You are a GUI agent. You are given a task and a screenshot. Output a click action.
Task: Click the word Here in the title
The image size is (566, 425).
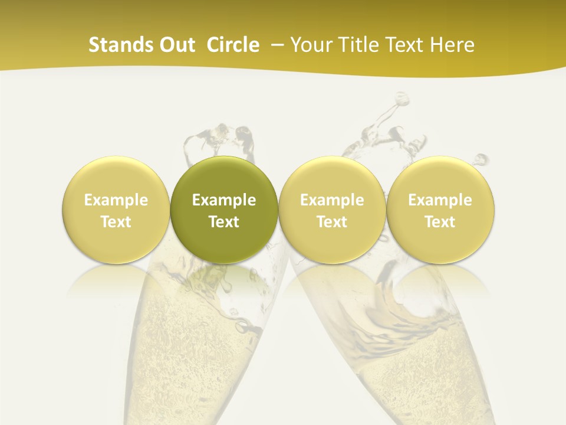tap(452, 45)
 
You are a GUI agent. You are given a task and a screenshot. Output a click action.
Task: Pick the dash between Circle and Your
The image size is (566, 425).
tap(276, 45)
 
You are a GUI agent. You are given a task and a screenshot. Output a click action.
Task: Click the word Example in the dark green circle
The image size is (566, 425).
tap(224, 200)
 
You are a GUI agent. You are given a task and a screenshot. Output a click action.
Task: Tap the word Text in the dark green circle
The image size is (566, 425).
tap(224, 222)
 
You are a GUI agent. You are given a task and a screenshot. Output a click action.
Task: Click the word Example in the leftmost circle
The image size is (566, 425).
tap(116, 200)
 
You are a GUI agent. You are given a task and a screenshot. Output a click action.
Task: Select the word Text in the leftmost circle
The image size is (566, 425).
tap(116, 222)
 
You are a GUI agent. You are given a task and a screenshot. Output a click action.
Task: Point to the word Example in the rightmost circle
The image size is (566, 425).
tap(440, 200)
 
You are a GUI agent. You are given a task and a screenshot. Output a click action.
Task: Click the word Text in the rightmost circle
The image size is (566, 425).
tap(440, 222)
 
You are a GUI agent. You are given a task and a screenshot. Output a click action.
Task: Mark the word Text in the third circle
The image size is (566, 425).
tap(332, 222)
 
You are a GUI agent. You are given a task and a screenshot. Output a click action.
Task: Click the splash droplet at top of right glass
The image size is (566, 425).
tap(402, 97)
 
